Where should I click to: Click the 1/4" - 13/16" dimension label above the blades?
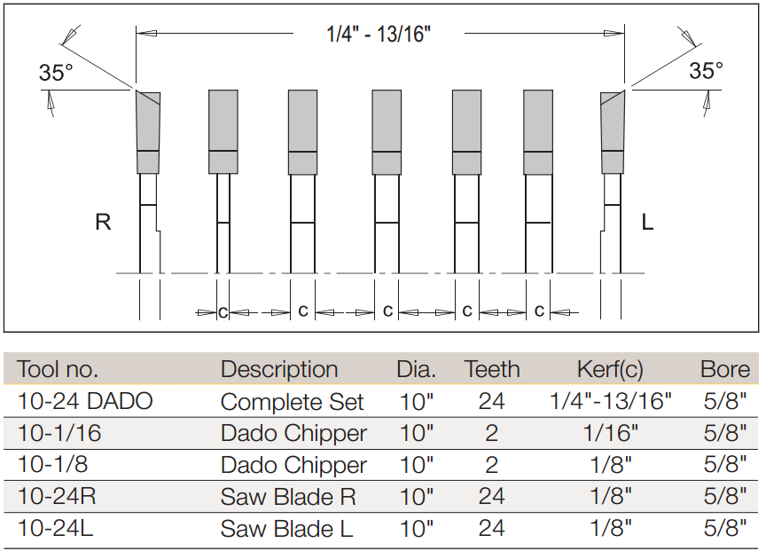pos(379,34)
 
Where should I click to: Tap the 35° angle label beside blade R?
pos(56,73)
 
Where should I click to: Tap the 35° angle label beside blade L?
pos(706,70)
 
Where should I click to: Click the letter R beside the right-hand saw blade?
pos(103,222)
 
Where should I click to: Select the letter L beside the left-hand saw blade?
pos(647,223)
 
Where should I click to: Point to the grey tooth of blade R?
pos(149,132)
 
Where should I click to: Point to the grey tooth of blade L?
pos(613,132)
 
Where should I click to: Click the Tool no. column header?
pos(58,369)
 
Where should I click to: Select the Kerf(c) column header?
pos(610,370)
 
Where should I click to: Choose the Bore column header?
pos(725,369)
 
